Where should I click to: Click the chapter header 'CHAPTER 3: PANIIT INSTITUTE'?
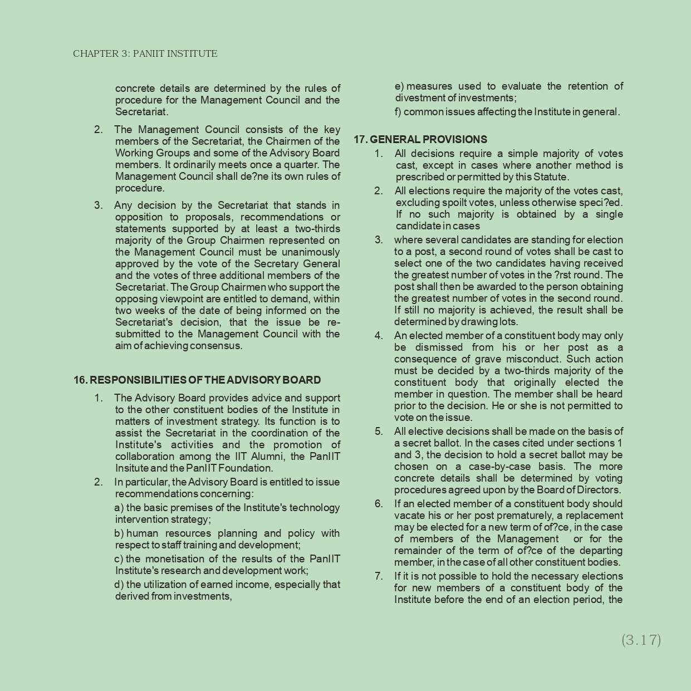[x=145, y=54]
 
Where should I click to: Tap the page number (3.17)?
[x=641, y=640]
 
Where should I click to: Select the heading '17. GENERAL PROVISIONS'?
[x=420, y=139]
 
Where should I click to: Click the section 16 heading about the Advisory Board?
[x=197, y=380]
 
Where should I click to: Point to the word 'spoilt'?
[x=455, y=203]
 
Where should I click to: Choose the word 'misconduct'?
[x=546, y=359]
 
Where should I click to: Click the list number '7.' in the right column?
[x=379, y=576]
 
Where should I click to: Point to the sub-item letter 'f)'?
[x=398, y=112]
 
